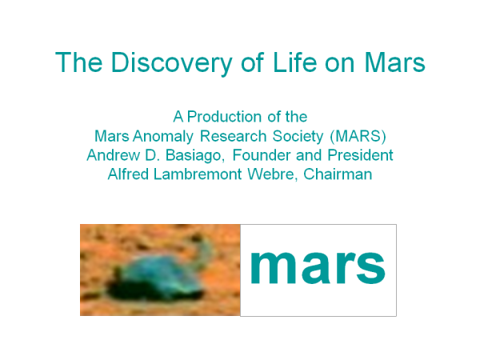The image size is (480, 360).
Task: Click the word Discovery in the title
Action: [171, 63]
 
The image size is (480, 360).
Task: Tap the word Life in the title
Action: [294, 62]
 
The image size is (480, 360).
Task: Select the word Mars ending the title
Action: [394, 62]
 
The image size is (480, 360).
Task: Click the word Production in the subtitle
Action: [224, 117]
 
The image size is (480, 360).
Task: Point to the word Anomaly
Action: [163, 137]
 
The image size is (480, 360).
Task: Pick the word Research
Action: [233, 136]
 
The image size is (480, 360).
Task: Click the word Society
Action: [298, 137]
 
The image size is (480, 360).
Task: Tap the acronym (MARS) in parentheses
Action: [358, 136]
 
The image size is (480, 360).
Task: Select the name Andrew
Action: [113, 155]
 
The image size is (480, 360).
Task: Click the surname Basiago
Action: [194, 156]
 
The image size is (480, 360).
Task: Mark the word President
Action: [360, 155]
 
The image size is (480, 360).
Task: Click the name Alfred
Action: [128, 174]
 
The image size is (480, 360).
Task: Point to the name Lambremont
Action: [198, 174]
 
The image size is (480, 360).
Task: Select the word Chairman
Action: [338, 174]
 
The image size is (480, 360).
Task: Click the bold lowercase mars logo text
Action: [318, 267]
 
